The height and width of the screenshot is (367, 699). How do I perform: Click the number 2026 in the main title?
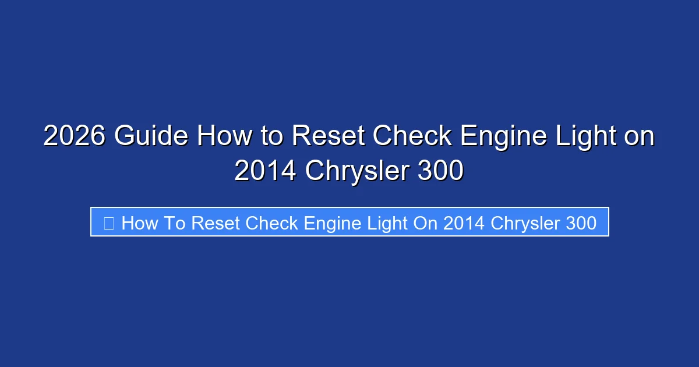click(x=75, y=137)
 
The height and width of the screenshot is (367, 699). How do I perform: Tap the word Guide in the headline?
click(x=151, y=137)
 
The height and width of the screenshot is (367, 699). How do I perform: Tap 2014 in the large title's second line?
click(x=266, y=171)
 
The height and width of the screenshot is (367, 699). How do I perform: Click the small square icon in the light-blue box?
click(x=108, y=223)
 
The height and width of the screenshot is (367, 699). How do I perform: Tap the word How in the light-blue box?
click(x=138, y=223)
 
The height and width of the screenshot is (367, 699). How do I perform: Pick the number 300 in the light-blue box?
click(x=581, y=223)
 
